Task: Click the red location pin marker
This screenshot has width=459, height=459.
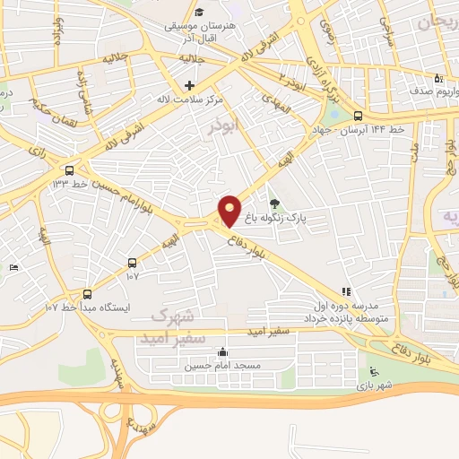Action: click(x=229, y=210)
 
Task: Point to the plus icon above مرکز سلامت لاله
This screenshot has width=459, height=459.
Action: click(x=189, y=85)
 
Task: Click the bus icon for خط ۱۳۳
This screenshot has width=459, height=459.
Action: click(x=69, y=169)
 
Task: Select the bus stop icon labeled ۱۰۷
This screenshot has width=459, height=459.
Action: click(x=133, y=263)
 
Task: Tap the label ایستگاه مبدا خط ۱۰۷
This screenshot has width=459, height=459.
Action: click(x=86, y=307)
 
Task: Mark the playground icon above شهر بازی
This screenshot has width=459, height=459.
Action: click(x=374, y=372)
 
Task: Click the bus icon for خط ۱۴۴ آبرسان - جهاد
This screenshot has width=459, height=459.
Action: click(x=358, y=116)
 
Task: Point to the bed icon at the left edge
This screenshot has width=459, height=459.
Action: click(x=13, y=268)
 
